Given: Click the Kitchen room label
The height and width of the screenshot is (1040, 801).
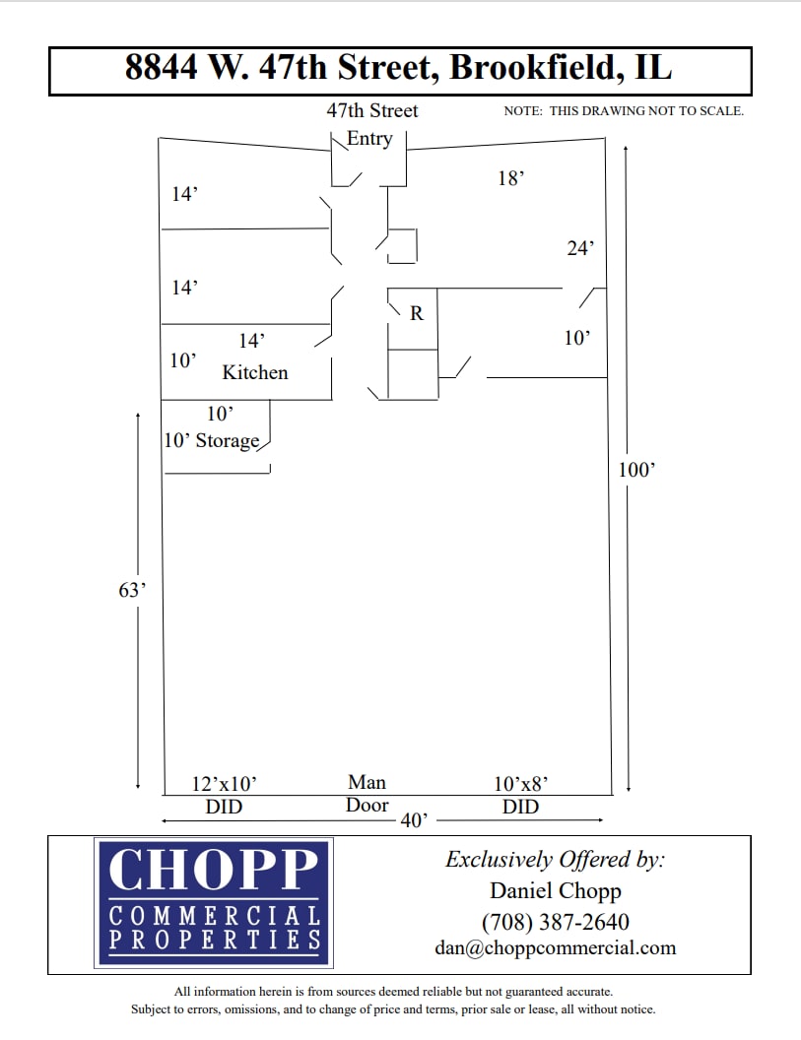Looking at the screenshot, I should point(255,372).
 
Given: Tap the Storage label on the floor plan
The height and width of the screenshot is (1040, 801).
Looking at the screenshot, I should point(227,440).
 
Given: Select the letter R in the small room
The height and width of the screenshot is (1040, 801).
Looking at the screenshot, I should point(417,313).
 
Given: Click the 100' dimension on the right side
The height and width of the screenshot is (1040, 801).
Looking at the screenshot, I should point(635,470).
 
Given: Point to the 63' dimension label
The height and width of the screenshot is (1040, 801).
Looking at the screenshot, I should point(132,590).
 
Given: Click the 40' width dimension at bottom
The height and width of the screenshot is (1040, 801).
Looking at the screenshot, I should point(413,820).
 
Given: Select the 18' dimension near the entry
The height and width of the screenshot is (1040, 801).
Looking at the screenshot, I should point(510,178).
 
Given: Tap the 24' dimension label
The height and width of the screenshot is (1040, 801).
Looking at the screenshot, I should point(580,248).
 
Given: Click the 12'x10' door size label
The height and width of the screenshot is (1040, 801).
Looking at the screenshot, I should point(225,784).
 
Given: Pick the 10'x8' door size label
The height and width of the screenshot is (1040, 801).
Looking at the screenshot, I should point(520,784).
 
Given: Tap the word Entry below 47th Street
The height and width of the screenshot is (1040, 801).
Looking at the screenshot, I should point(369,139).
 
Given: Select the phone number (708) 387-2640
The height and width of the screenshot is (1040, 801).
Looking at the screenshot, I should point(556,922).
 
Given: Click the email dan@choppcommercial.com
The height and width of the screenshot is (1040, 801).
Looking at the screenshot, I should point(556,947).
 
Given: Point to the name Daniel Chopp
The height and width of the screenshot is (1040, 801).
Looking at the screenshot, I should point(556,891).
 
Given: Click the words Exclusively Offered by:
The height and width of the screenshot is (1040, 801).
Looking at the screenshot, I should point(556,859).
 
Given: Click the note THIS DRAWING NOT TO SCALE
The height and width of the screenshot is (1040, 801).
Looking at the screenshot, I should point(646,111).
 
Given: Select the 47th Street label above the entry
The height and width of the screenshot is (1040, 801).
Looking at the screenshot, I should point(372,110).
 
